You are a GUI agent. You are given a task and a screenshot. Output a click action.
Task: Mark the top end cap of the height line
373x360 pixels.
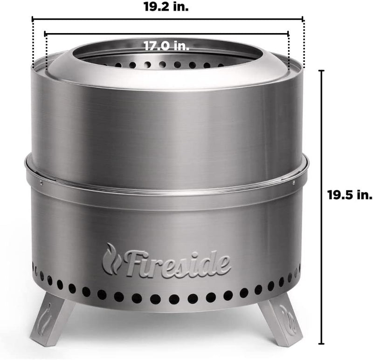tap(321, 70)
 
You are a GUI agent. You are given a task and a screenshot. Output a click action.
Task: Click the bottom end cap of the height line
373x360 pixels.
tap(321, 341)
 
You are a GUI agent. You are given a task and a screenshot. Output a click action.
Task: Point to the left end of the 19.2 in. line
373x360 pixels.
tap(32, 19)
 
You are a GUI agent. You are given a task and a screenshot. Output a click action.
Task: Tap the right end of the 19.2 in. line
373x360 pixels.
tap(304, 19)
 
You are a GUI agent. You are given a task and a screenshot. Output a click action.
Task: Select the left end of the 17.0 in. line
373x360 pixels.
tap(45, 34)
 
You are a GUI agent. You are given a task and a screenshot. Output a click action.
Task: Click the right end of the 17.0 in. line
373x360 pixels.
tap(289, 34)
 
